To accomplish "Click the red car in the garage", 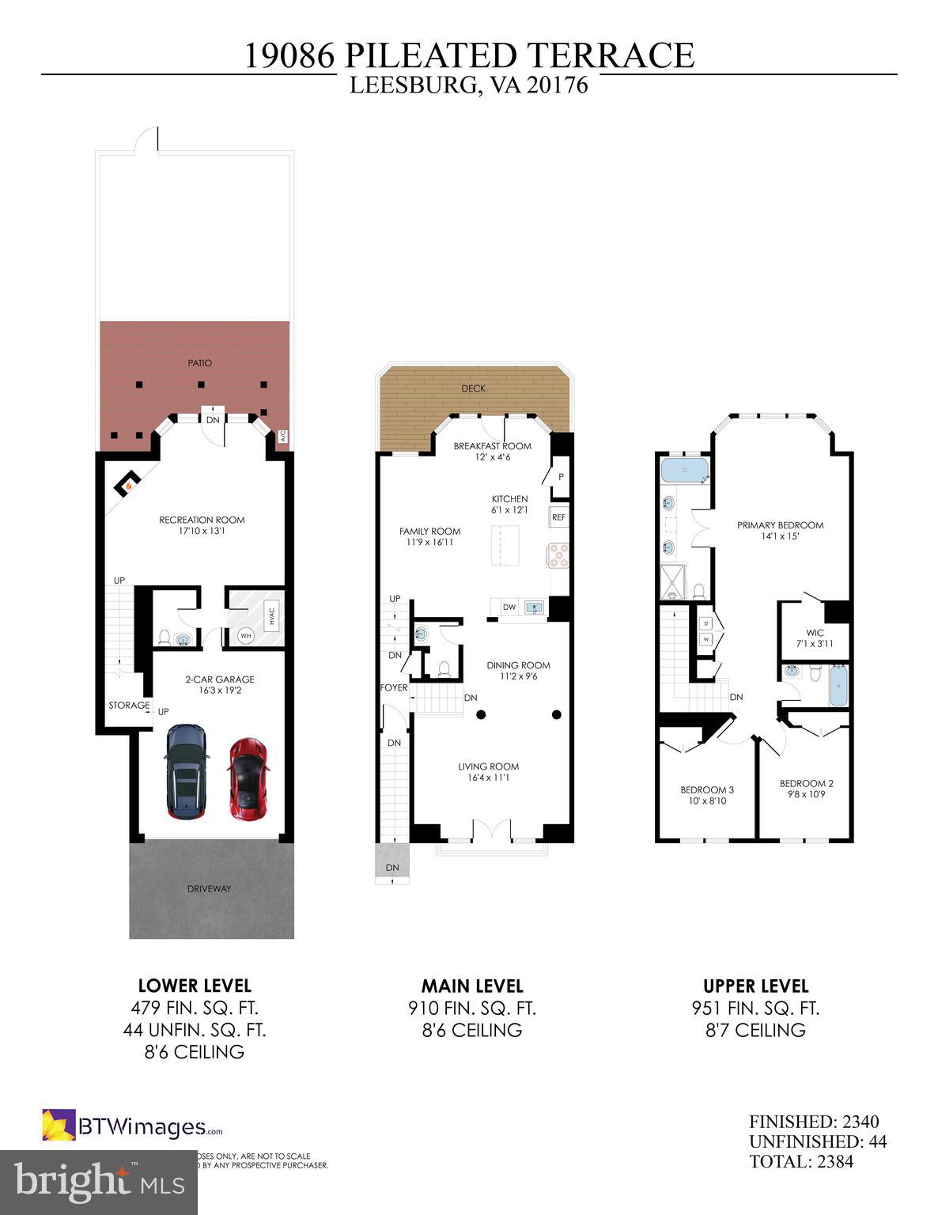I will click(247, 779).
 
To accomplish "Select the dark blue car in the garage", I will click(187, 772).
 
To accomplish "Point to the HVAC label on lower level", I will click(270, 614).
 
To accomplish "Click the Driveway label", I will click(210, 888).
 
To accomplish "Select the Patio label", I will click(199, 363).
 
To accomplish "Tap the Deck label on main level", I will click(473, 388).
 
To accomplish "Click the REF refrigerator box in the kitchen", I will click(558, 517).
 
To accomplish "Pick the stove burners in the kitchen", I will click(558, 555).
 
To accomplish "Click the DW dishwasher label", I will click(509, 607).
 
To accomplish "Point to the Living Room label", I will click(489, 766).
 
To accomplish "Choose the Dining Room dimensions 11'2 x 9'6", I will click(518, 676).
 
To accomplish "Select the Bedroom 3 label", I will click(707, 789).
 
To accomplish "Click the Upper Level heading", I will click(755, 986).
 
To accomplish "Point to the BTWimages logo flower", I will click(59, 1126).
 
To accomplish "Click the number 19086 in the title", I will click(290, 56).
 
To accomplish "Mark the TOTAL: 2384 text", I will click(801, 1161).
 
